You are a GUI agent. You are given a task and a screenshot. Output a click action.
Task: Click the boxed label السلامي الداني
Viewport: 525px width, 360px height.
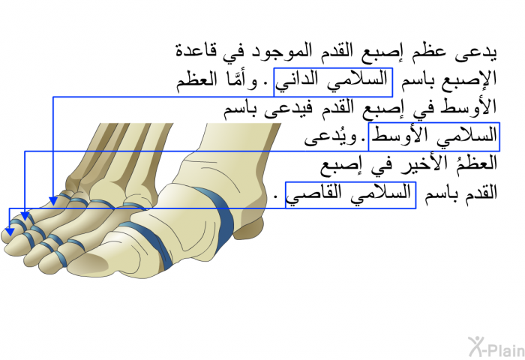pyautogui.click(x=333, y=82)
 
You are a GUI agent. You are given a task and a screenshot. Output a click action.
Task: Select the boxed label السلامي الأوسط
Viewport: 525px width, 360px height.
pyautogui.click(x=434, y=136)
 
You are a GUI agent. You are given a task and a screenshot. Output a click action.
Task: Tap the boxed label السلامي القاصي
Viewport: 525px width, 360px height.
pyautogui.click(x=350, y=195)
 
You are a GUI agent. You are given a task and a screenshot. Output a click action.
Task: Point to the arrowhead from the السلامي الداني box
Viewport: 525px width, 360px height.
pyautogui.click(x=53, y=200)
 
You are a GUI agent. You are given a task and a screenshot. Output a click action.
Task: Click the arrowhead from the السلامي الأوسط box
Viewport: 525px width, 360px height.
pyautogui.click(x=25, y=216)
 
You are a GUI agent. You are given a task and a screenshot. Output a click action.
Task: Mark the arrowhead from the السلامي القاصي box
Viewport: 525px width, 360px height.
pyautogui.click(x=10, y=232)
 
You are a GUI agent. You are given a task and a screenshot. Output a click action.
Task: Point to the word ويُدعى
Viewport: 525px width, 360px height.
pyautogui.click(x=331, y=137)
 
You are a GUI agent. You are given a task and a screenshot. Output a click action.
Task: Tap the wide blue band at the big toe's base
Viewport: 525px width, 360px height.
pyautogui.click(x=217, y=217)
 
